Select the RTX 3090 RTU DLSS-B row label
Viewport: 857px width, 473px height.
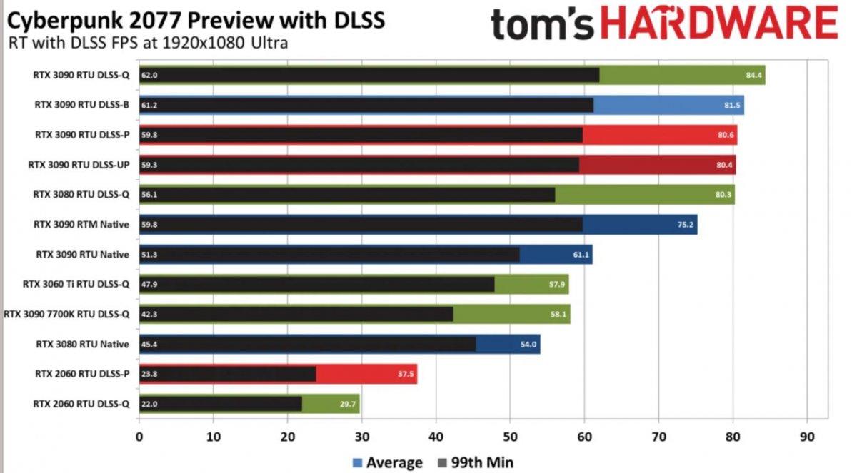point(82,104)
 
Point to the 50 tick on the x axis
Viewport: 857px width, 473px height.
point(510,434)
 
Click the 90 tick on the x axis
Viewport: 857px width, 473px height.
point(807,434)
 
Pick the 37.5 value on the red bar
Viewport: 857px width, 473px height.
point(406,374)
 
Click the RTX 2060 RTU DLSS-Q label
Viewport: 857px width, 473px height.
point(81,404)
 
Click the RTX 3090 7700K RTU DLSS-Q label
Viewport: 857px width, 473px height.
point(67,314)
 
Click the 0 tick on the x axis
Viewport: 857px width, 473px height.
point(139,434)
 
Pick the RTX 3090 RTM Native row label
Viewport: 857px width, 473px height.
point(81,224)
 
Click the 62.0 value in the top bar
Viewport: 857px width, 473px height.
point(151,74)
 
